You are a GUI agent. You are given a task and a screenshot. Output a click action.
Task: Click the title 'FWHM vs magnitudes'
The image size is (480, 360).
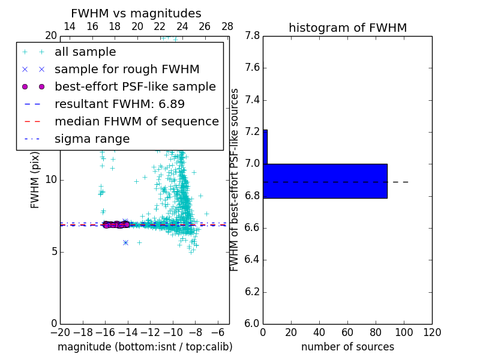[x=136, y=14]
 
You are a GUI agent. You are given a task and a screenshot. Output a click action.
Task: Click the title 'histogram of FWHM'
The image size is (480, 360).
[x=347, y=28]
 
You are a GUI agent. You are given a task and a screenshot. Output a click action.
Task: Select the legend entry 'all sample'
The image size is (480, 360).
[x=85, y=52]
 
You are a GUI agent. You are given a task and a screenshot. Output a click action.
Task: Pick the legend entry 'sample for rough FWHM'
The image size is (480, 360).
[x=127, y=69]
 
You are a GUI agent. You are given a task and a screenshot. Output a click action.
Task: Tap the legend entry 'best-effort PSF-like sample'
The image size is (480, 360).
[x=135, y=86]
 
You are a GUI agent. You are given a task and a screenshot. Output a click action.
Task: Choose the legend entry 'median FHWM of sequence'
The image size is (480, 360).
[x=136, y=121]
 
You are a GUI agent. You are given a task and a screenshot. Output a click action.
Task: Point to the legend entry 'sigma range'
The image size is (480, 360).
[x=92, y=139]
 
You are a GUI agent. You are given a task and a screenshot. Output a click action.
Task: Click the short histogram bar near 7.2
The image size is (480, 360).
[x=265, y=146]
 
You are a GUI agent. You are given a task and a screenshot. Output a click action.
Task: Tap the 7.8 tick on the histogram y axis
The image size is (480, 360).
[x=252, y=36]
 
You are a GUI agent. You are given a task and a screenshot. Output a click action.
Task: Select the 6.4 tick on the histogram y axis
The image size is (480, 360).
[x=252, y=260]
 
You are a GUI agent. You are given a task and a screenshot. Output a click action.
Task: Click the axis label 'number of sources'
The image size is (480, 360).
[x=347, y=347]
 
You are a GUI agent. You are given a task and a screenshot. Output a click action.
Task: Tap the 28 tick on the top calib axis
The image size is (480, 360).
[x=227, y=26]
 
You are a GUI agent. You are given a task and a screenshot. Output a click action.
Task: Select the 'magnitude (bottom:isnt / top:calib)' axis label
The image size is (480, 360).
[x=145, y=347]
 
